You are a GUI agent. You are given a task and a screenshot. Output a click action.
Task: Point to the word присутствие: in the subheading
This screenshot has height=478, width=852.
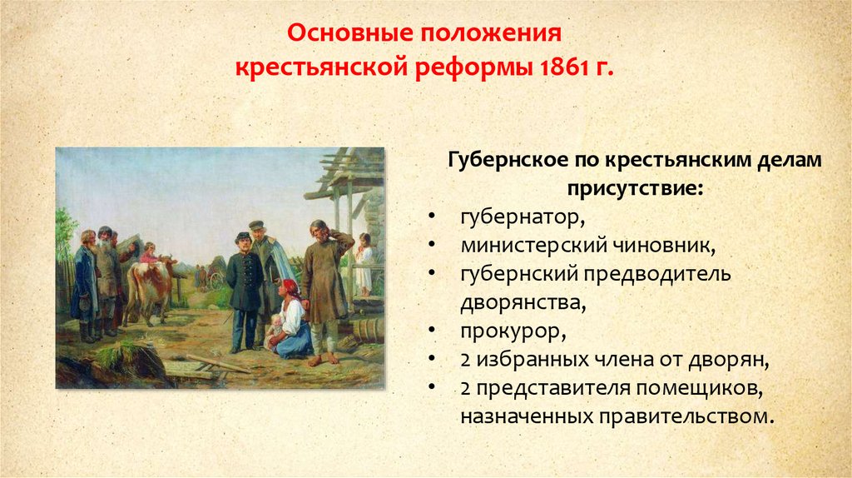[635, 189]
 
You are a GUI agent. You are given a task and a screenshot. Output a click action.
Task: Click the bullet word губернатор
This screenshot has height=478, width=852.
[523, 217]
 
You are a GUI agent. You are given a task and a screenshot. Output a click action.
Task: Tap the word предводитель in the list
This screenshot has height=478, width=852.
[657, 274]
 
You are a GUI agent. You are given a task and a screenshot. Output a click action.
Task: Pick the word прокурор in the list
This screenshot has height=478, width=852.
[513, 331]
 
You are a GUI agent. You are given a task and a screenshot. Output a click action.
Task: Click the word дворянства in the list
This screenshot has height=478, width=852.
[523, 303]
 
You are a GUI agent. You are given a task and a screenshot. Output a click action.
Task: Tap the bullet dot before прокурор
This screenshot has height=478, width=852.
[432, 330]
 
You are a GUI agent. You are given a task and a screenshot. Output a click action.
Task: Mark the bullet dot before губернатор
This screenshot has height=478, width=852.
[432, 216]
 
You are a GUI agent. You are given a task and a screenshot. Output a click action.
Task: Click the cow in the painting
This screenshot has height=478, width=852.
[150, 287]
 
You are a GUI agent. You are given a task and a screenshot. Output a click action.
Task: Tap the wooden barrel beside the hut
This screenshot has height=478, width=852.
[369, 331]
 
